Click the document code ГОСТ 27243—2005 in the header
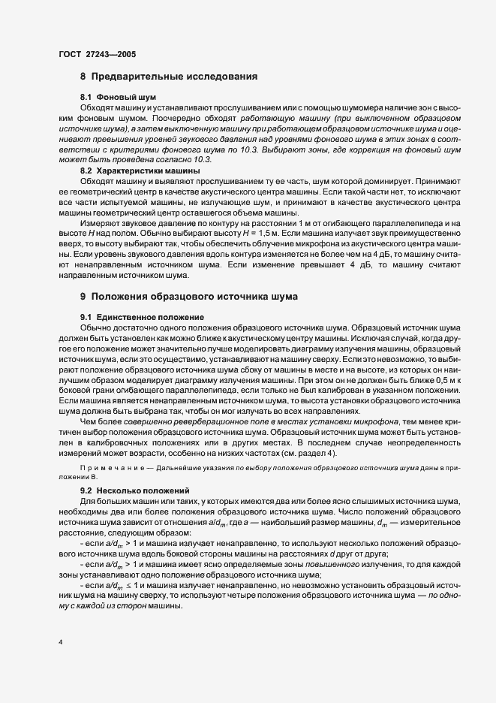97,54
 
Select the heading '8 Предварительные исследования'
169,77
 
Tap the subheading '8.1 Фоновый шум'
113,98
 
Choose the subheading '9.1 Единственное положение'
137,318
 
